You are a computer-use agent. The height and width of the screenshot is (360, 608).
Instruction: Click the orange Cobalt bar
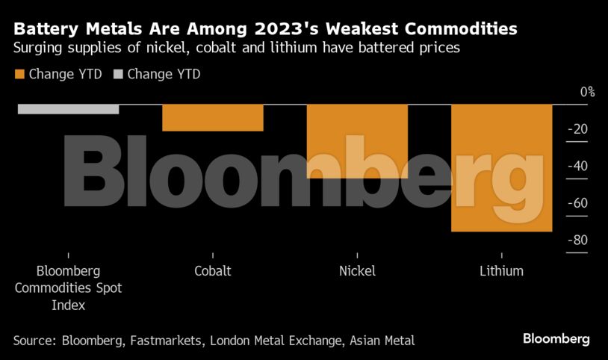point(213,117)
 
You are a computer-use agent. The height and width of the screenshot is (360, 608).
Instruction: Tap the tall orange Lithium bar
point(501,167)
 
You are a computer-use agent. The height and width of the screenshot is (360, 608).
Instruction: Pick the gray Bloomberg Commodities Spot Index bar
point(68,109)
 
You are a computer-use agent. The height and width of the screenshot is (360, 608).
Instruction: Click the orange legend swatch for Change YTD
point(19,74)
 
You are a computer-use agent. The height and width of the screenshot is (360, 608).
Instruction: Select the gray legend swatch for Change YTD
point(118,74)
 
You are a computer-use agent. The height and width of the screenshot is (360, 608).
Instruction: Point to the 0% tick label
point(587,92)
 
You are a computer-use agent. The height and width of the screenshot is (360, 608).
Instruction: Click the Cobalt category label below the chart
point(213,271)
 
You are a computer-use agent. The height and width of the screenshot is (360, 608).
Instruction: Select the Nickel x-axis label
point(357,271)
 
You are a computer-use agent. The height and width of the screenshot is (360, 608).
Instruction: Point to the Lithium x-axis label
point(501,271)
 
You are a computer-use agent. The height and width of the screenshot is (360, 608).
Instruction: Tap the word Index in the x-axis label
point(68,305)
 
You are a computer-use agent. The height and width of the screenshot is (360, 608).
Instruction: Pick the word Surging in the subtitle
point(39,49)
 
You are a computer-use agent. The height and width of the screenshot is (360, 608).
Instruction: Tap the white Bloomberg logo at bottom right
point(556,339)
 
